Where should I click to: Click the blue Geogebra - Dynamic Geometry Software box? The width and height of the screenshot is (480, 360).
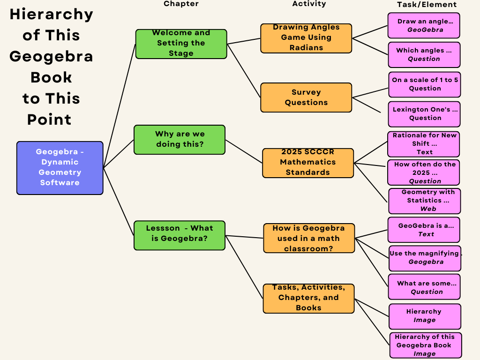click(x=60, y=168)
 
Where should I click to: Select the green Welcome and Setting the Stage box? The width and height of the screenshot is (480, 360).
click(x=181, y=44)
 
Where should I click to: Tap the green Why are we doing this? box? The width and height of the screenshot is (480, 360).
click(x=180, y=139)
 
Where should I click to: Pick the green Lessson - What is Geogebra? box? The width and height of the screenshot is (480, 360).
click(x=180, y=235)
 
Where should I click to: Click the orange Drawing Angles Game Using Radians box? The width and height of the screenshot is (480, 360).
click(x=306, y=38)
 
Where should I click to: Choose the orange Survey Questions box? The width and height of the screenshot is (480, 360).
click(x=306, y=97)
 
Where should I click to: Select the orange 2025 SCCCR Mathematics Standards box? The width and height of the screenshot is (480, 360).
click(x=308, y=163)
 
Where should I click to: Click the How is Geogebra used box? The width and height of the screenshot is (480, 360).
click(x=309, y=238)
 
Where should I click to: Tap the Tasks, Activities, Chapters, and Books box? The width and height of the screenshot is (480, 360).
click(x=308, y=298)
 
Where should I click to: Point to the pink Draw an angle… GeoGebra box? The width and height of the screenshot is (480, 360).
click(x=424, y=25)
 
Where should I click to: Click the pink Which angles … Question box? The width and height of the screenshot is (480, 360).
click(x=424, y=55)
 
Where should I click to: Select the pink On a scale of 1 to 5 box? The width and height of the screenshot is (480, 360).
click(x=425, y=84)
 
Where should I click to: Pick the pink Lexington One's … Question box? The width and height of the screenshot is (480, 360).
click(x=424, y=114)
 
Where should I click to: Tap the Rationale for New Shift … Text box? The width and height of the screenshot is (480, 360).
click(x=423, y=144)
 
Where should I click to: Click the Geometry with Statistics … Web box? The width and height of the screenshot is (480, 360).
click(x=425, y=201)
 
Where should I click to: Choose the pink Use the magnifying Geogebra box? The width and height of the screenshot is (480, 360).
click(x=425, y=258)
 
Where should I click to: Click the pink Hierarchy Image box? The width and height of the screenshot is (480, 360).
click(x=425, y=316)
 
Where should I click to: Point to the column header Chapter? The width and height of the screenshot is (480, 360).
click(x=181, y=4)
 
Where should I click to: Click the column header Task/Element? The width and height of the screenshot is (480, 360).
click(x=427, y=5)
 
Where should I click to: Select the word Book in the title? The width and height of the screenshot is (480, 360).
click(x=51, y=77)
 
